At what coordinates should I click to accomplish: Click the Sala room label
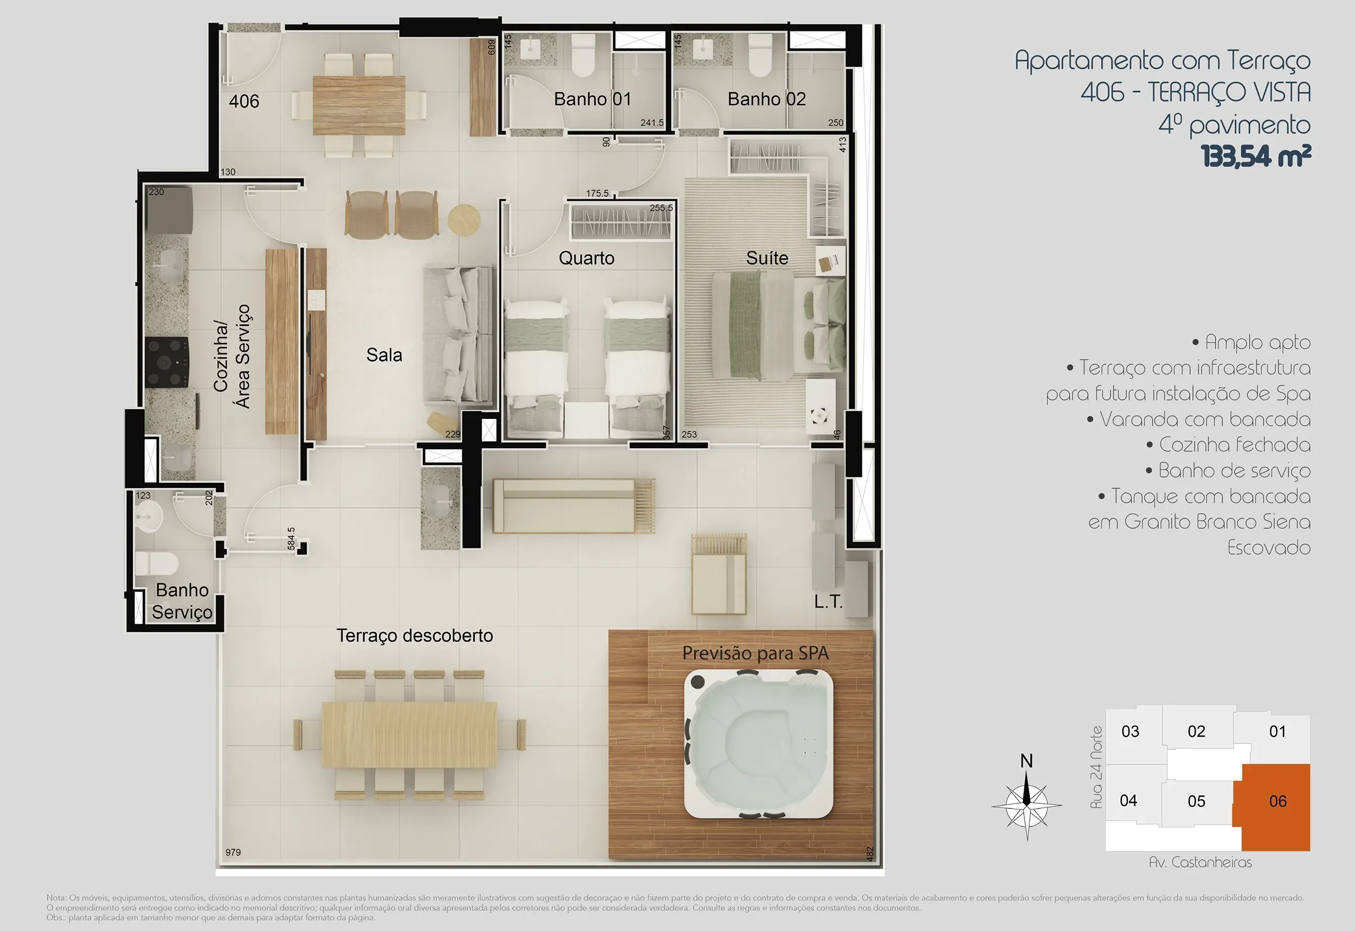(x=384, y=354)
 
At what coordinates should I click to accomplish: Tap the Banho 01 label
(x=592, y=99)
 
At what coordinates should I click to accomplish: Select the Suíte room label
(x=767, y=258)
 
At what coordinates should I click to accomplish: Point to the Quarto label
(x=586, y=258)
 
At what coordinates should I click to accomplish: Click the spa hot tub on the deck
(x=759, y=745)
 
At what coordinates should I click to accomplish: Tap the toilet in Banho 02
(x=760, y=55)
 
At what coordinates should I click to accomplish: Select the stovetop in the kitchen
(x=166, y=362)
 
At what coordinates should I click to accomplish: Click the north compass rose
(x=1027, y=804)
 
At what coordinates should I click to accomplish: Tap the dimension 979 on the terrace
(x=233, y=852)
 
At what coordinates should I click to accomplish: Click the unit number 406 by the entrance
(x=244, y=101)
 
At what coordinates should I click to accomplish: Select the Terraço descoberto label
(x=415, y=635)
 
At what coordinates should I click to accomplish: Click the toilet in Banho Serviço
(x=156, y=564)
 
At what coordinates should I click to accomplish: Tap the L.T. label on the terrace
(x=828, y=602)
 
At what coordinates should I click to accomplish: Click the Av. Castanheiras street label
(x=1201, y=862)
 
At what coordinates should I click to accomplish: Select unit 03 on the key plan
(x=1130, y=732)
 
